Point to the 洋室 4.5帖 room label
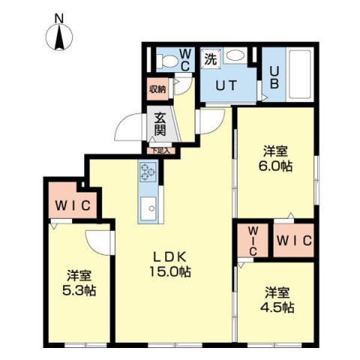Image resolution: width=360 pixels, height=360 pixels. [278, 300]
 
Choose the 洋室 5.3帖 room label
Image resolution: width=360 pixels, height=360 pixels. [77, 280]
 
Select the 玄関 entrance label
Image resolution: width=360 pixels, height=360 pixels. [160, 125]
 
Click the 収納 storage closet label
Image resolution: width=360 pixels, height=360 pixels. [157, 89]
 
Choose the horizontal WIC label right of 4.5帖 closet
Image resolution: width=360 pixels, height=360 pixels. [293, 241]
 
